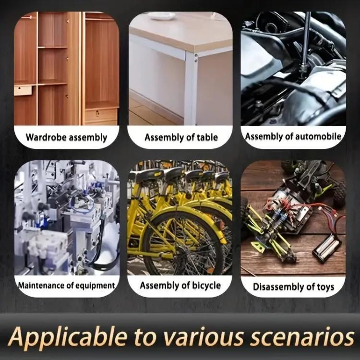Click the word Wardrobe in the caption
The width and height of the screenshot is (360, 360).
point(46,137)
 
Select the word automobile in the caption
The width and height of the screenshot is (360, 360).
point(318,136)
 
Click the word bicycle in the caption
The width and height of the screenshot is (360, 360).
point(206,286)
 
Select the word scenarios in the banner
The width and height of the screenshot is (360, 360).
point(302,337)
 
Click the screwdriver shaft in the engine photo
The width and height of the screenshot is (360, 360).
point(306,39)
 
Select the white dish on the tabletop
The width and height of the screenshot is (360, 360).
point(161,16)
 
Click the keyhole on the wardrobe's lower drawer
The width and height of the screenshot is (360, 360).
point(97,113)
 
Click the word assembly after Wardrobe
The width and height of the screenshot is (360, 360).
point(88,138)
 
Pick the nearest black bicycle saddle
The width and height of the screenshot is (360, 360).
point(148,174)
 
